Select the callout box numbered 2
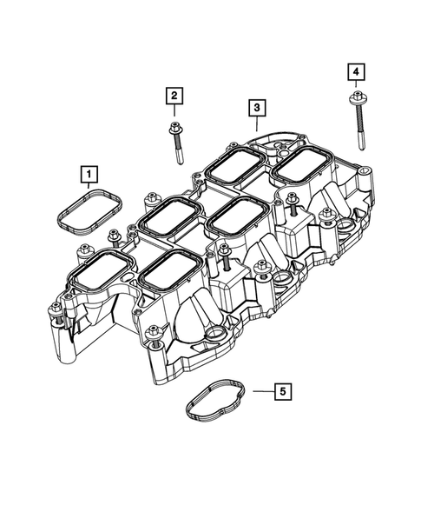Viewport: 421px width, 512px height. [174, 96]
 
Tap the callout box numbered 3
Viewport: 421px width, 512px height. [256, 109]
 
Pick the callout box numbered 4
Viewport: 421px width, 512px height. [356, 70]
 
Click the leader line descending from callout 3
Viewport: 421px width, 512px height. [256, 123]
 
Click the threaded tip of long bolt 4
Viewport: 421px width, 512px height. [360, 144]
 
